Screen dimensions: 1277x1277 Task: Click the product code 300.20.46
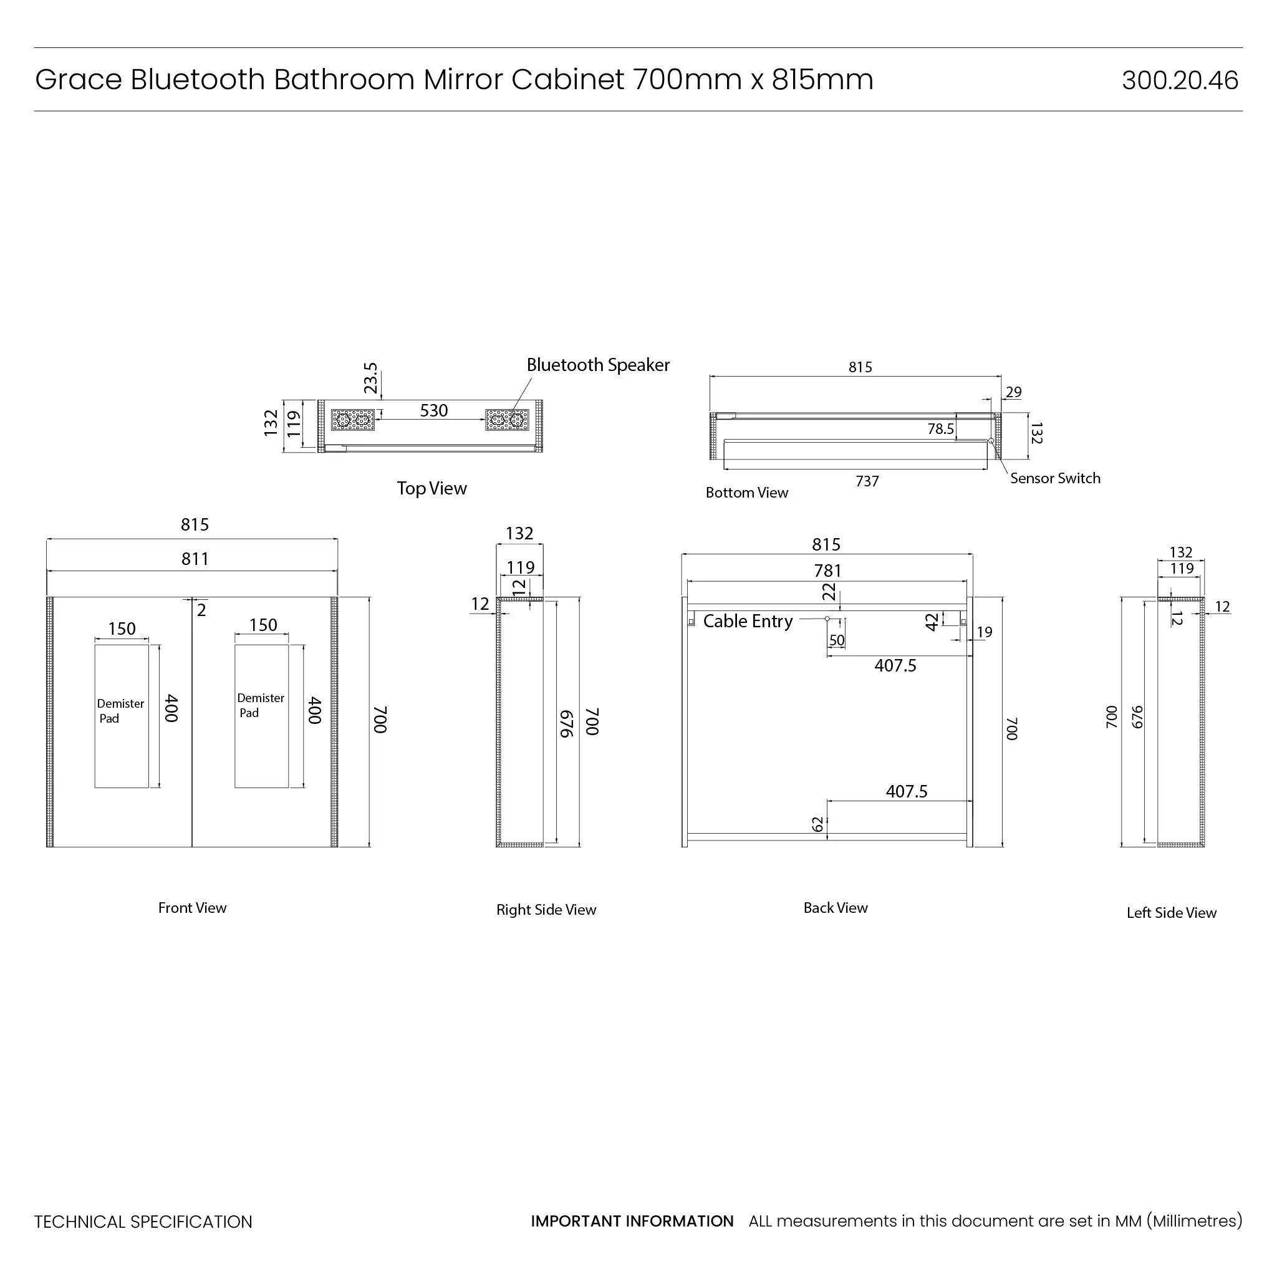(1179, 80)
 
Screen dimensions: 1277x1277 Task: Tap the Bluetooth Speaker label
(597, 365)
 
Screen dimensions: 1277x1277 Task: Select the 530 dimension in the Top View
(433, 410)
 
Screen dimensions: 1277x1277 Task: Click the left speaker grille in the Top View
(352, 420)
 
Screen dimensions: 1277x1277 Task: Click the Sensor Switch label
(1055, 478)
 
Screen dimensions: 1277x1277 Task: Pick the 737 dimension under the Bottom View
(867, 481)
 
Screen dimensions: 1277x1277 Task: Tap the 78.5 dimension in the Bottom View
(940, 429)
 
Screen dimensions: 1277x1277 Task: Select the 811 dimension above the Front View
(195, 559)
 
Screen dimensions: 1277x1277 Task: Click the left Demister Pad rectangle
(122, 716)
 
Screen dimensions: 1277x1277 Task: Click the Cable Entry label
(748, 621)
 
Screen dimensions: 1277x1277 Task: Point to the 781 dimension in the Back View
(827, 571)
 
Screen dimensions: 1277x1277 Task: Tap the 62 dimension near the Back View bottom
(817, 824)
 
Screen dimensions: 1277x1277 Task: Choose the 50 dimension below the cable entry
(837, 640)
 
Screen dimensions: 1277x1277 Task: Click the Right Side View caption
(546, 910)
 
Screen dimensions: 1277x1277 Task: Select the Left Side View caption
(1170, 913)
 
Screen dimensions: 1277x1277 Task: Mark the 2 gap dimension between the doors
(201, 610)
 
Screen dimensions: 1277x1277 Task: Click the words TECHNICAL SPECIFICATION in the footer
(143, 1222)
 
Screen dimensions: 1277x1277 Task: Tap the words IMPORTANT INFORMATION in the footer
(632, 1221)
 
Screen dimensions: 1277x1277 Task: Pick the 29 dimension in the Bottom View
(1013, 392)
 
